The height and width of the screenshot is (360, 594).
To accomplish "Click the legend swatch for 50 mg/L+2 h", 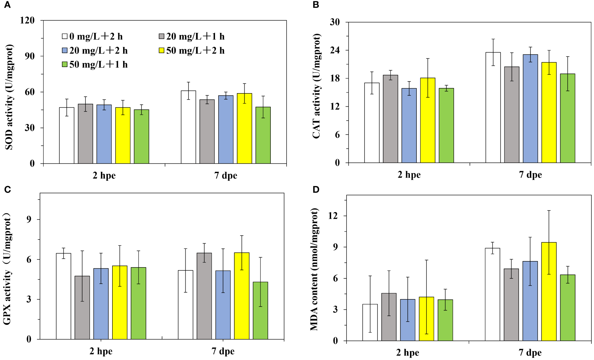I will tap(161, 51).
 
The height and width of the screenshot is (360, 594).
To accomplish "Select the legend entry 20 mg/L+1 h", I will tap(192, 36).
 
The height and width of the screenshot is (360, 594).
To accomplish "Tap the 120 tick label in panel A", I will tap(27, 20).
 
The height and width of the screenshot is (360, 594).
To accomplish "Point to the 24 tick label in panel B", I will tap(335, 50).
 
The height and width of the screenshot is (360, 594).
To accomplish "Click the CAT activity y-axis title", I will tap(316, 86).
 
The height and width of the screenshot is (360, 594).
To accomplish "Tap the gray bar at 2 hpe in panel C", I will tap(82, 307).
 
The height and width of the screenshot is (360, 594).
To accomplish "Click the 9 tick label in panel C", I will tap(29, 219).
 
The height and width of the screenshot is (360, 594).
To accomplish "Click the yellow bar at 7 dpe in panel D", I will tap(549, 291).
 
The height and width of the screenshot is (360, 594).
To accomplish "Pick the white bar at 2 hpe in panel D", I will tap(370, 322).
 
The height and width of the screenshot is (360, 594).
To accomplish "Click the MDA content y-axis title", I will tap(315, 269).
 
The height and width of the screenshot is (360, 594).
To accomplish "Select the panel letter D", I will tap(316, 190).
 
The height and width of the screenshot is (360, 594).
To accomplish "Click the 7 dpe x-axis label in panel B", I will tap(530, 175).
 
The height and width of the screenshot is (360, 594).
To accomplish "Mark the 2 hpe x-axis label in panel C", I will tap(101, 351).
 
